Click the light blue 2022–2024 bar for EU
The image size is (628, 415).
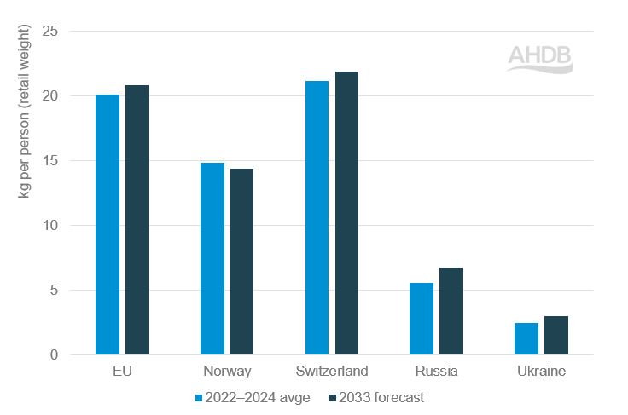[108, 225]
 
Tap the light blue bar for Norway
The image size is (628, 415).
[212, 259]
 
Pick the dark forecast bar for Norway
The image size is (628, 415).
[241, 262]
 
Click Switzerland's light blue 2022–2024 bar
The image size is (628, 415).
[317, 218]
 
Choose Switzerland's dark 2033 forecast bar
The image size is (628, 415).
[346, 213]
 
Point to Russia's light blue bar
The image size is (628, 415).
[422, 319]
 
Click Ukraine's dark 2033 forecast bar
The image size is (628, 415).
[555, 336]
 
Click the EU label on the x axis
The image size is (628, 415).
[122, 372]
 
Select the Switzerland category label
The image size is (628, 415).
[332, 372]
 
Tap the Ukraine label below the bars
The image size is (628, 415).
[541, 372]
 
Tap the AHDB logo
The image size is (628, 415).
[540, 58]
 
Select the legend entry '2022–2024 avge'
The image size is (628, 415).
[253, 397]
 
